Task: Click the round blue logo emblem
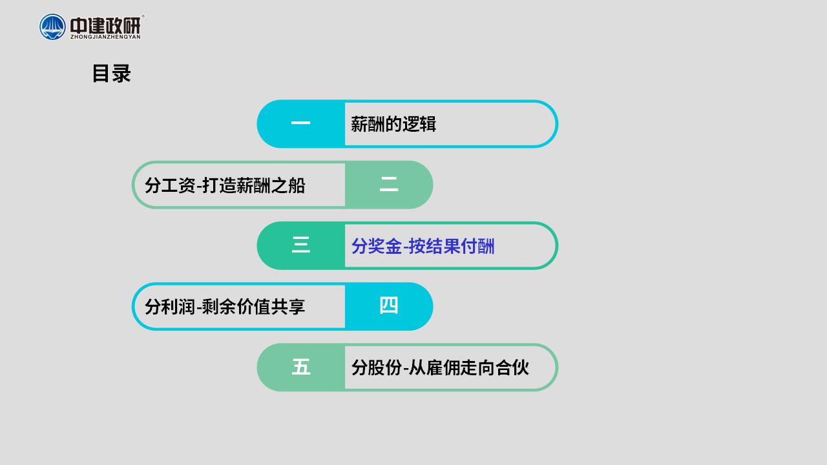pos(52,27)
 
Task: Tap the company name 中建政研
pos(105,25)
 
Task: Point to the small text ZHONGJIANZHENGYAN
pos(105,37)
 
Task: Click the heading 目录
pos(112,74)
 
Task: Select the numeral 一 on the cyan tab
pos(300,123)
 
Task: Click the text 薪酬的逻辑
pos(393,124)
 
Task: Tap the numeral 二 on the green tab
pos(389,184)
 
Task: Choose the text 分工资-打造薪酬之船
pos(225,185)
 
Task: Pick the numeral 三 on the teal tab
pos(300,245)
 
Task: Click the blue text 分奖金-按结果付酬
pos(423,246)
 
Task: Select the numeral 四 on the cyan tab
pos(389,305)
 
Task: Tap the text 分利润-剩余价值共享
pos(225,307)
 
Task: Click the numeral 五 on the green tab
pos(301,367)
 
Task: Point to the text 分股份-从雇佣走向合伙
pos(440,367)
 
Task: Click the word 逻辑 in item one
pos(419,124)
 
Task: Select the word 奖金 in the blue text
pos(385,246)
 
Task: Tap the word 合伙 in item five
pos(512,367)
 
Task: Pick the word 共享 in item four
pos(288,307)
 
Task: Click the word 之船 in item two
pos(288,185)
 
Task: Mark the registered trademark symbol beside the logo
pos(143,16)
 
